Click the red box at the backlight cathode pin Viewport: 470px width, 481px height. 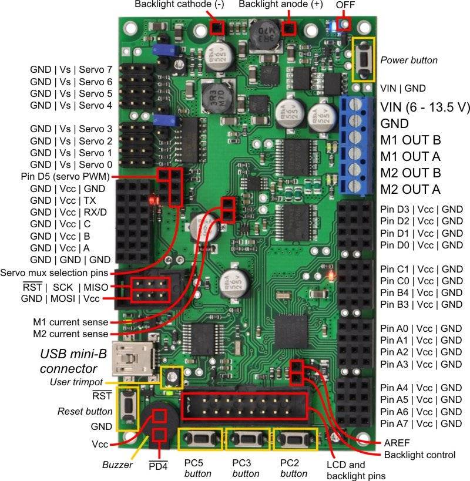pos(217,28)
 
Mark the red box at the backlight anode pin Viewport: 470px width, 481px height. pos(288,28)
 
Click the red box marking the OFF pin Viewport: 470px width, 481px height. pos(345,24)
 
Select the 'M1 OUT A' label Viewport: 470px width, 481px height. pos(411,157)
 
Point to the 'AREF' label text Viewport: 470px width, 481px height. pos(398,443)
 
